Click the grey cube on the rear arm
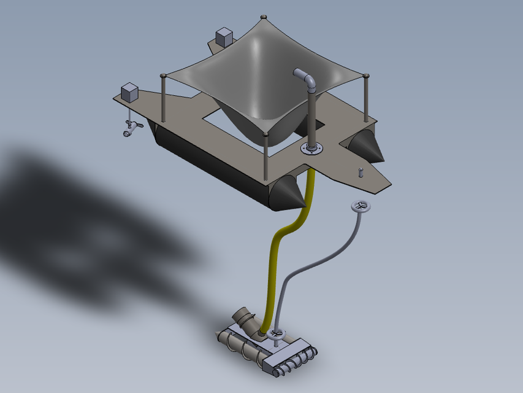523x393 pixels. [x=224, y=37]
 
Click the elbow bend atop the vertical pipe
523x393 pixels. [x=305, y=77]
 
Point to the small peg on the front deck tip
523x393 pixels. [x=361, y=171]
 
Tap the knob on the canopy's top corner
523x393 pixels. [x=263, y=16]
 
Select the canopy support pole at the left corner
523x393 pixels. [x=164, y=98]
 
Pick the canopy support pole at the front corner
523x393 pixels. [x=265, y=157]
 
